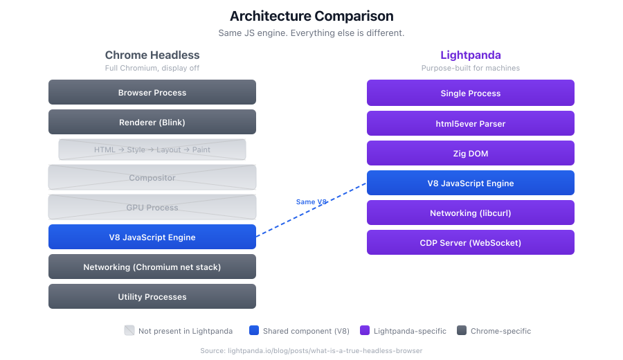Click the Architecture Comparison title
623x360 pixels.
coord(311,16)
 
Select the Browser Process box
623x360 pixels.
coord(152,92)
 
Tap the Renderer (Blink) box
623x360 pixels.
coord(152,122)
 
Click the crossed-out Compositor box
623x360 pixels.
coord(152,177)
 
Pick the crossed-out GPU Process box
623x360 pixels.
coord(152,207)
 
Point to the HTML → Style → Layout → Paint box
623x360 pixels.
coord(152,150)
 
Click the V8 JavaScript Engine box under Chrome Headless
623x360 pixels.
coord(152,237)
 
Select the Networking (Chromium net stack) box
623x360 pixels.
coord(152,267)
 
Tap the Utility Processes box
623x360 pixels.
coord(152,296)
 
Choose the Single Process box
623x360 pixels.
coord(470,93)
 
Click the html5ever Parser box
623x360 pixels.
coord(470,123)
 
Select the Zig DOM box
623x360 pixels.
coord(470,153)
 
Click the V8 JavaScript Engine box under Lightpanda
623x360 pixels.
coord(470,183)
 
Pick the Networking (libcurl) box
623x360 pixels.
coord(470,213)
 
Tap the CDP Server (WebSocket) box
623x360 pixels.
coord(470,242)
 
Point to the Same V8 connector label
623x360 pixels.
coord(311,201)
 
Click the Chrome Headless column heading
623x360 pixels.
coord(152,55)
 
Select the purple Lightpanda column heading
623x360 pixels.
coord(470,55)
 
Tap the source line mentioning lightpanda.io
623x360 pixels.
coord(311,350)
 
